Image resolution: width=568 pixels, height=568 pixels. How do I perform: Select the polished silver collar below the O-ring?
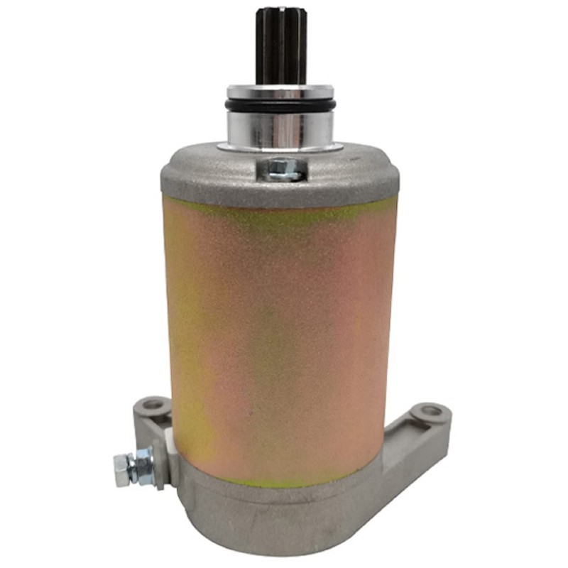coord(280,128)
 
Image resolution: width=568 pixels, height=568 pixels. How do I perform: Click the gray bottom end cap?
coord(284,518)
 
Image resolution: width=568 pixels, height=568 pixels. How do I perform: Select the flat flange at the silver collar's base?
coord(280,146)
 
